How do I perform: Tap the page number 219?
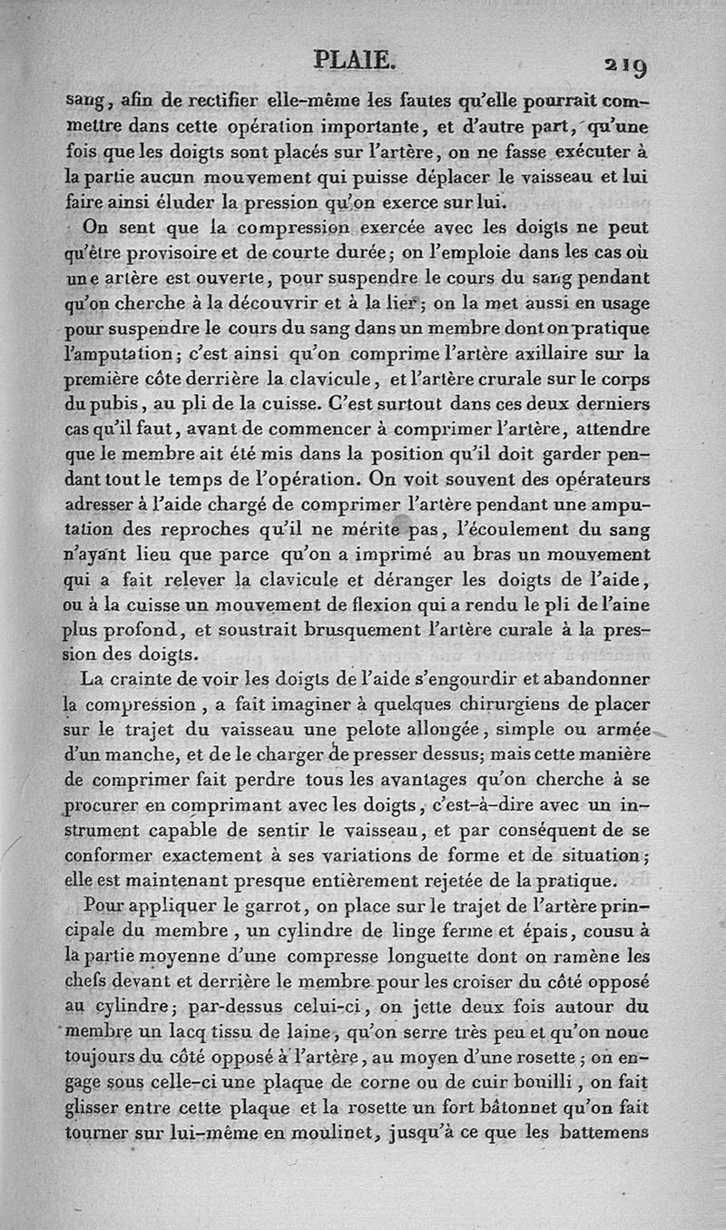tap(622, 65)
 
